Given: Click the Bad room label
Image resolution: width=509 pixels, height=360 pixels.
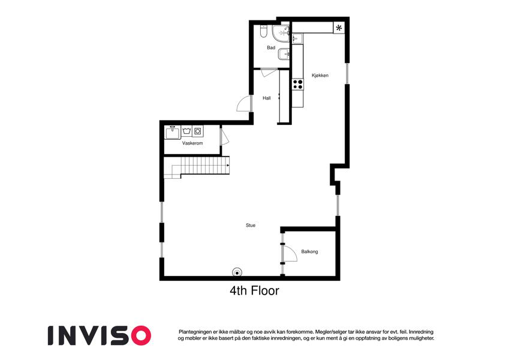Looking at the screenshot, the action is (x=271, y=48).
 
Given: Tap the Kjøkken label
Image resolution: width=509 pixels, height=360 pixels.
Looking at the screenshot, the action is (x=320, y=76).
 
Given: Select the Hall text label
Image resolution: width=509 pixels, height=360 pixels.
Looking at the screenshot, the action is (x=267, y=98).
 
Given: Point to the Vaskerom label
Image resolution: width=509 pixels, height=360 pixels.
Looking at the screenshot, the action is (x=192, y=143).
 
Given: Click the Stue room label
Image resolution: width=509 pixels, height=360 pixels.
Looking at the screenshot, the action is (x=251, y=225).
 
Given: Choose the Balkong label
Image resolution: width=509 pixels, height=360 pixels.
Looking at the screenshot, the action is (x=309, y=251).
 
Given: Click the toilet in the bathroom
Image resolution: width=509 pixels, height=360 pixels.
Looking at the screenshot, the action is (x=263, y=31).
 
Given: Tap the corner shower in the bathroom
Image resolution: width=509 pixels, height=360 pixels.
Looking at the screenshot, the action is (x=281, y=34).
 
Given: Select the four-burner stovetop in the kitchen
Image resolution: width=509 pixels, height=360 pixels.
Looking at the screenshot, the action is (x=298, y=85).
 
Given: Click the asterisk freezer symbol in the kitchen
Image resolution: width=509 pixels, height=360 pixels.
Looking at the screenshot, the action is (x=339, y=28).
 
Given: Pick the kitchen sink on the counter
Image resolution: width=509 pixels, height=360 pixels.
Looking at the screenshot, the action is (x=297, y=38).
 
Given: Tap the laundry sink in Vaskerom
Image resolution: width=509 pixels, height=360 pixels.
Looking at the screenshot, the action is (x=172, y=132).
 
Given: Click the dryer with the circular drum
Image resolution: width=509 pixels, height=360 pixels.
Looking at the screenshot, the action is (x=198, y=131).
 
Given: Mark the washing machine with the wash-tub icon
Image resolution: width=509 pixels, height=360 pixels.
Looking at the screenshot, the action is (x=186, y=131).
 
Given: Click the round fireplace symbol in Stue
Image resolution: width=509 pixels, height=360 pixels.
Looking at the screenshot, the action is (x=237, y=273).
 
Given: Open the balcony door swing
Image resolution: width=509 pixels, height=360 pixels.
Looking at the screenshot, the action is (x=290, y=253).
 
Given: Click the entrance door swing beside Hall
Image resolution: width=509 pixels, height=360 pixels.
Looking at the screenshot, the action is (x=243, y=104).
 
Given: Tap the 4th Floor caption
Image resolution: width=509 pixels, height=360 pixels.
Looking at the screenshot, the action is (x=254, y=290).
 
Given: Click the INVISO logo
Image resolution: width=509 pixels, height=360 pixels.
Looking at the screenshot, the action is (x=100, y=335).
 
